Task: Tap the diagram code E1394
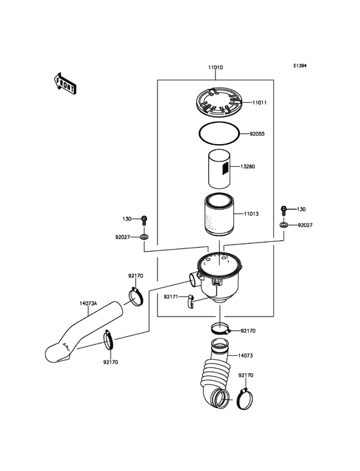pyautogui.click(x=300, y=66)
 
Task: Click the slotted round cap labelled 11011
pyautogui.click(x=221, y=102)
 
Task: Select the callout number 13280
pyautogui.click(x=248, y=167)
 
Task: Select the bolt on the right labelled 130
pyautogui.click(x=283, y=210)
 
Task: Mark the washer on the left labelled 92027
pyautogui.click(x=144, y=238)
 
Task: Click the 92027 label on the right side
pyautogui.click(x=307, y=225)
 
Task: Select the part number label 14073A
pyautogui.click(x=89, y=303)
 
